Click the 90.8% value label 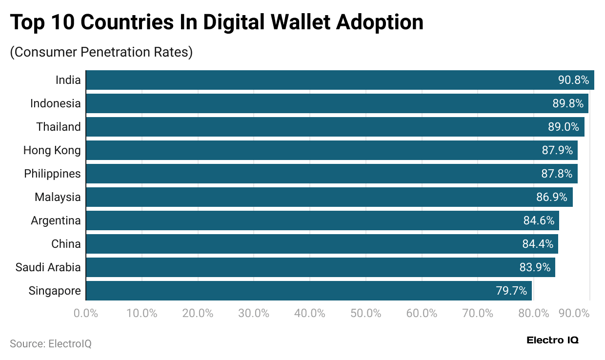pyautogui.click(x=573, y=80)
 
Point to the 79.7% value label pyautogui.click(x=511, y=291)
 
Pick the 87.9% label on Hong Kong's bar pyautogui.click(x=557, y=150)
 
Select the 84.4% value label pyautogui.click(x=538, y=244)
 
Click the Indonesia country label pyautogui.click(x=55, y=103)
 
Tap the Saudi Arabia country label pyautogui.click(x=48, y=267)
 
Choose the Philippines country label pyautogui.click(x=52, y=174)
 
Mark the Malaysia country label pyautogui.click(x=58, y=197)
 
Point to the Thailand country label pyautogui.click(x=58, y=127)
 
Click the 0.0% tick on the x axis pyautogui.click(x=86, y=313)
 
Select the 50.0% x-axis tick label pyautogui.click(x=365, y=313)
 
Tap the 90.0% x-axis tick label pyautogui.click(x=574, y=313)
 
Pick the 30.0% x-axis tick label pyautogui.click(x=254, y=313)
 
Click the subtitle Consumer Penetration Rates pyautogui.click(x=101, y=52)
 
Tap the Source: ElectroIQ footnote pyautogui.click(x=51, y=343)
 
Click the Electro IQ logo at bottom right pyautogui.click(x=552, y=340)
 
